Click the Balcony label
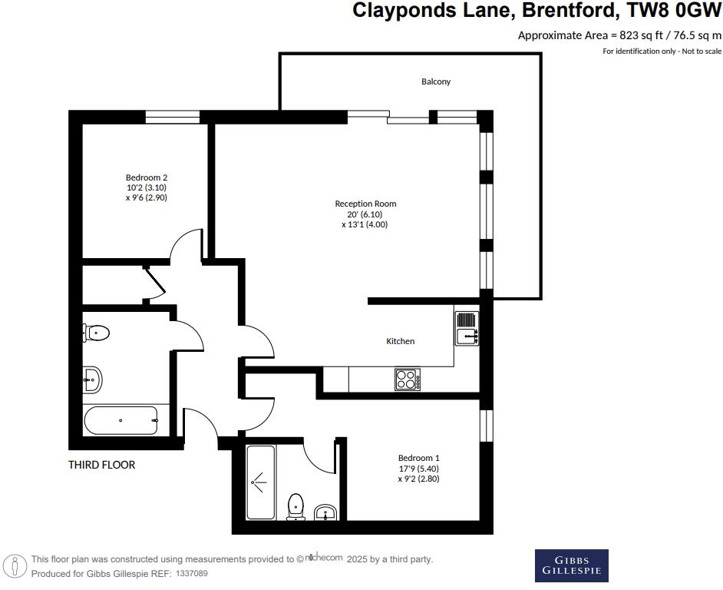435,81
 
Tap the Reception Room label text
365,204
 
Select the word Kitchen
400,341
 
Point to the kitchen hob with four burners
407,380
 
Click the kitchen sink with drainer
467,326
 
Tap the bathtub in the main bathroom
121,420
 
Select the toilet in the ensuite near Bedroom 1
295,507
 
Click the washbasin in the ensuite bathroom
326,512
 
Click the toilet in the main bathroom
96,333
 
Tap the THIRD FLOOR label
101,465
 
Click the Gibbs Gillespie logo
571,565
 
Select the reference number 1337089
192,574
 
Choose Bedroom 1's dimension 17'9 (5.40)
418,469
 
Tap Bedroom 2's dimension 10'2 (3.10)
146,187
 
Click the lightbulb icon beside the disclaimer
15,566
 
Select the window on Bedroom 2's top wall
173,117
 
